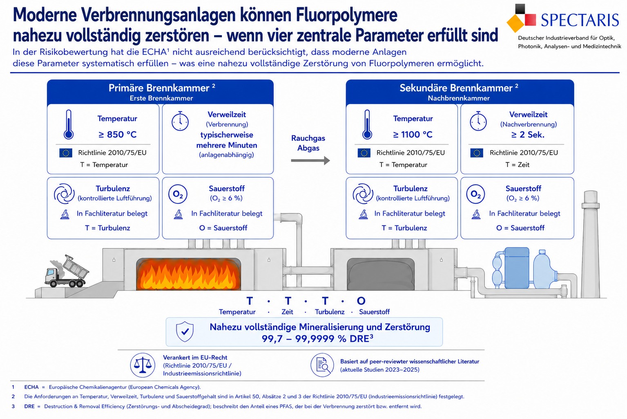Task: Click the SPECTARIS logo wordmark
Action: (580, 20)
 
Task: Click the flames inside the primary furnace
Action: (188, 275)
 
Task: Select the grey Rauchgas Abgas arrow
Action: (310, 161)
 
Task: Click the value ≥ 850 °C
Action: (118, 135)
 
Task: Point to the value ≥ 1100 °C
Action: (413, 135)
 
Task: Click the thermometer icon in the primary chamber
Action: (69, 124)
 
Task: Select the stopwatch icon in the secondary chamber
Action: (478, 121)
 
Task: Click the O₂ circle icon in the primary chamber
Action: (178, 194)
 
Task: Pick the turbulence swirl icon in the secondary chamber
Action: (363, 194)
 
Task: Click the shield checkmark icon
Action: (185, 331)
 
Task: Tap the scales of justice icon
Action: (143, 365)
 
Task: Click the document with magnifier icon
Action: (322, 365)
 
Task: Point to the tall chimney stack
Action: (591, 244)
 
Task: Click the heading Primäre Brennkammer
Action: (159, 88)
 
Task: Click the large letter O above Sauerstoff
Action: (361, 301)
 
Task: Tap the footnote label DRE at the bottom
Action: (29, 406)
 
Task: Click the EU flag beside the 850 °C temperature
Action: (66, 153)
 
